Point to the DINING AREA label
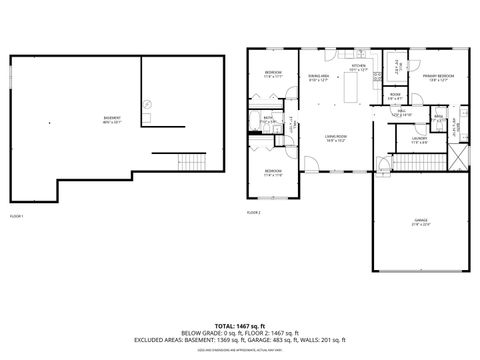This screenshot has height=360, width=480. click(x=319, y=77)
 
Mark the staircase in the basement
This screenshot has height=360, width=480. click(x=187, y=164)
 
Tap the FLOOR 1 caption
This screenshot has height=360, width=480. click(x=17, y=216)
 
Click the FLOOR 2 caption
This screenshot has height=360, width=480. click(x=254, y=213)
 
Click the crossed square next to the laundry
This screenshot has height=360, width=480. click(x=458, y=156)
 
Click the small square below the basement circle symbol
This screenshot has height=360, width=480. click(x=146, y=118)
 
